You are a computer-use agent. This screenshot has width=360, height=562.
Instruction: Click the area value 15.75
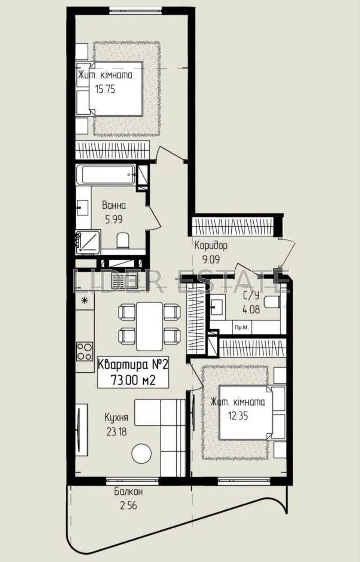tap(105, 89)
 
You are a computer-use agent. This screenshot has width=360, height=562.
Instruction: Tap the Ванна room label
tap(114, 205)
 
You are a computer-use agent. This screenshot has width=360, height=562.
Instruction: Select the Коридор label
tap(211, 245)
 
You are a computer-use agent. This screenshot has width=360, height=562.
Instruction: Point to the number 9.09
tap(211, 259)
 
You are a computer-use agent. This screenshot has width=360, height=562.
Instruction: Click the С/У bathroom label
tap(251, 296)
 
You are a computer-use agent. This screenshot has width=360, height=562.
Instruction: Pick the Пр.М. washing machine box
tap(242, 328)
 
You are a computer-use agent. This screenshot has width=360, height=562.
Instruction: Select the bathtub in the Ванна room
tap(106, 175)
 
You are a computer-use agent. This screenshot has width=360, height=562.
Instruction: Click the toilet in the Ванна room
tap(123, 241)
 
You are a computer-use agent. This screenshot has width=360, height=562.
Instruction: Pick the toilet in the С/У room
tap(272, 302)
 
